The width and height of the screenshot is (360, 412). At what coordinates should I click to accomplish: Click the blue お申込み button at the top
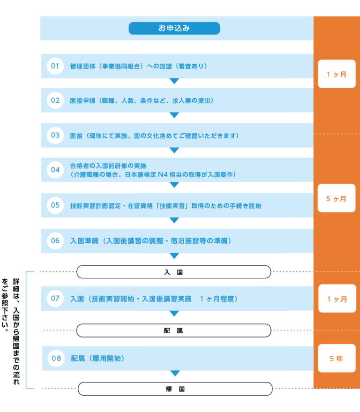coord(174,28)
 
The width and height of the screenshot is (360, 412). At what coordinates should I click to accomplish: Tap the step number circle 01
coord(55,66)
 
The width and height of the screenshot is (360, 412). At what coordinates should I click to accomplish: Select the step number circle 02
coord(55,100)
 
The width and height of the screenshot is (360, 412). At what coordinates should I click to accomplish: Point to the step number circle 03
coord(55,135)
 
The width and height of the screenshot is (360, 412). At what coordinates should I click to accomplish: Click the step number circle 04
coord(55,170)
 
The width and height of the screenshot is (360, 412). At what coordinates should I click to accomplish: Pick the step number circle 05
coord(55,205)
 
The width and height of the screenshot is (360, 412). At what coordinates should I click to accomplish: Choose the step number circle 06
coord(55,240)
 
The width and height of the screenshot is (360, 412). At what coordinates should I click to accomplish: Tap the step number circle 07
coord(55,298)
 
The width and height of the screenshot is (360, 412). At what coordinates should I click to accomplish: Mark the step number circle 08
coord(56,359)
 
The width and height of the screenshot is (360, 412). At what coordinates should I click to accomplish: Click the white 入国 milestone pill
coord(173,272)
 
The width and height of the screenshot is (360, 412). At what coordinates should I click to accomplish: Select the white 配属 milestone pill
coord(173,330)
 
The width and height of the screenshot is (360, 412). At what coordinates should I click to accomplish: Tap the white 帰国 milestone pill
coord(175,389)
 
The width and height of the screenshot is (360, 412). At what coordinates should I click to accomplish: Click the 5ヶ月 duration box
coord(336,198)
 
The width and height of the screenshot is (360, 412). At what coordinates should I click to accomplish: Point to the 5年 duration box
coord(336,359)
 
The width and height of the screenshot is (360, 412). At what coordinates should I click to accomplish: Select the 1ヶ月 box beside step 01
coord(336,74)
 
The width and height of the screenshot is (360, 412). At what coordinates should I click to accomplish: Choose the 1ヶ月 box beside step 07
coord(337,299)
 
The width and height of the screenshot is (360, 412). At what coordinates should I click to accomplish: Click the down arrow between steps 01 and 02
coord(174,82)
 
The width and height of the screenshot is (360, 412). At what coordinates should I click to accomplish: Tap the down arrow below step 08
coord(175,374)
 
